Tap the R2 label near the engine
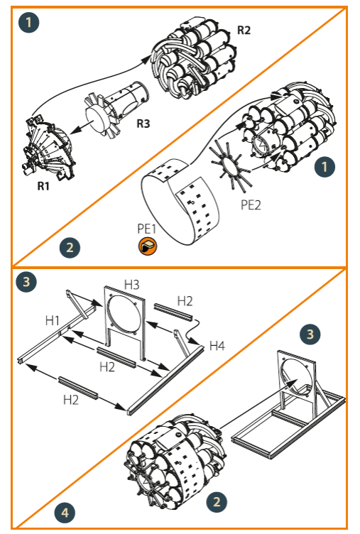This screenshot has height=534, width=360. pos(244,31)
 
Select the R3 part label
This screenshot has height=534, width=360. pos(143,123)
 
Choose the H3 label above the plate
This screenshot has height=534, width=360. pos(132,283)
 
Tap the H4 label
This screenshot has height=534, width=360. pos(218,345)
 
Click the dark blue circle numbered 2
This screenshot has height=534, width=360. pos(69,248)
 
